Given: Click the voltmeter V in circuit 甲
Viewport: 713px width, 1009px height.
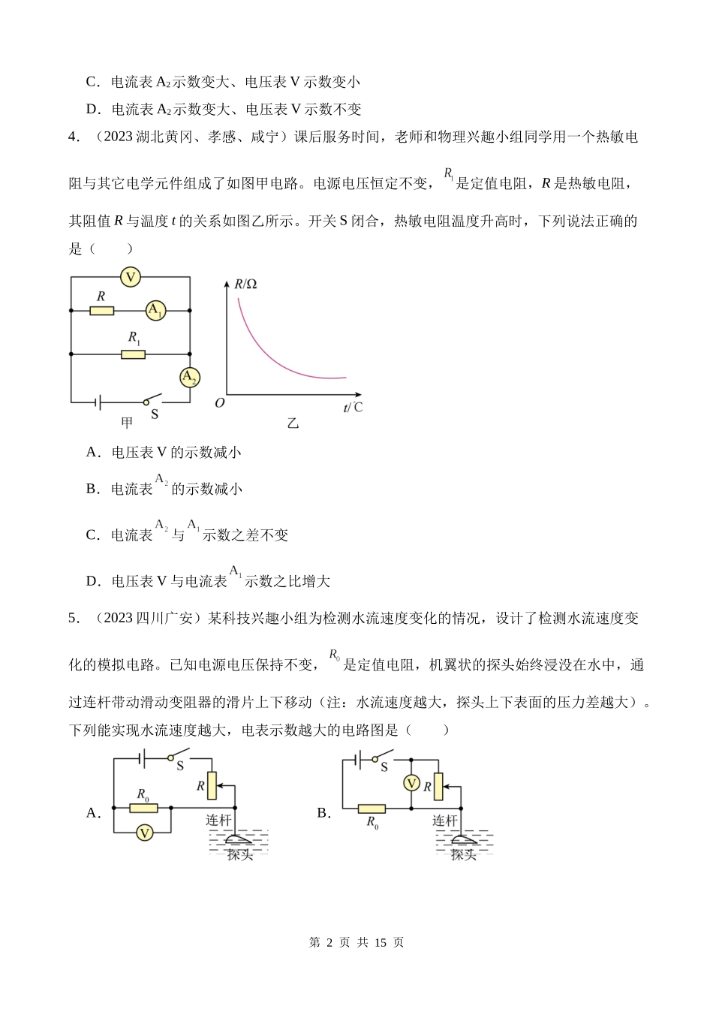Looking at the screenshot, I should [x=131, y=277].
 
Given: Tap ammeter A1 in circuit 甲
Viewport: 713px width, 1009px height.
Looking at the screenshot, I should [x=155, y=310].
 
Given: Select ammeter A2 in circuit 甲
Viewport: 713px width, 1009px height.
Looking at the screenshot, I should [x=190, y=377].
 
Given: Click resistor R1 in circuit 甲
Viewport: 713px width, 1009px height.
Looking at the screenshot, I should [x=133, y=353].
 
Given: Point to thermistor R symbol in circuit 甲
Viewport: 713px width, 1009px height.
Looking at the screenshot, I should [x=102, y=310].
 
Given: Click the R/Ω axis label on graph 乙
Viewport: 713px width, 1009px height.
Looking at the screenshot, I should [x=245, y=284].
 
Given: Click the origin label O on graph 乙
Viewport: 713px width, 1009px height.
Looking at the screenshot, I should [x=219, y=403].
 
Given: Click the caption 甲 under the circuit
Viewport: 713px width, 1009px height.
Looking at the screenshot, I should [x=127, y=423].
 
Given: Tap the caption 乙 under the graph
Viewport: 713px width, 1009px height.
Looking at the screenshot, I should [x=293, y=423].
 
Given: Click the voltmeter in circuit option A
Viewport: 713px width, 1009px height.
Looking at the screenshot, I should [x=144, y=833].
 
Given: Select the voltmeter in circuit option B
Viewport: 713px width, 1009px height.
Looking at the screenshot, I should [x=411, y=783].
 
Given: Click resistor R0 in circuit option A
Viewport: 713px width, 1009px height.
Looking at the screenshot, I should [x=143, y=808].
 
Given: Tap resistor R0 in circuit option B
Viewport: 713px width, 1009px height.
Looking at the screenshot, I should [x=372, y=809].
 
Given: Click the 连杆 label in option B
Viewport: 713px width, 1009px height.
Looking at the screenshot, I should [x=444, y=821].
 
